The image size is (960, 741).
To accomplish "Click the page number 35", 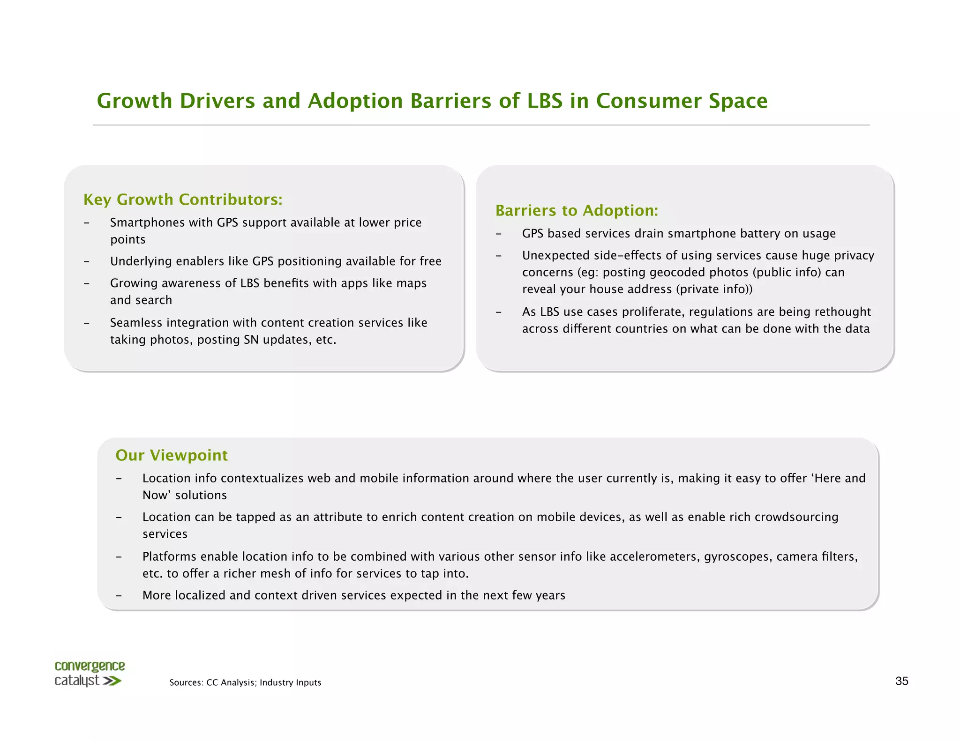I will (x=901, y=681).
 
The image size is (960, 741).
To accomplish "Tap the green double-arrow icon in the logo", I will (x=112, y=681).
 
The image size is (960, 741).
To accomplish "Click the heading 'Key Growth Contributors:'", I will (x=183, y=200).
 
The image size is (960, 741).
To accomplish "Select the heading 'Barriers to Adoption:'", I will (x=577, y=211).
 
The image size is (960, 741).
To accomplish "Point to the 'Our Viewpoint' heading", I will (x=172, y=455).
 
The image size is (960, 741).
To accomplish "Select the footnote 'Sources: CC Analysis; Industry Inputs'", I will (x=245, y=682).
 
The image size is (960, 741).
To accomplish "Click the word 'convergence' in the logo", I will (x=90, y=666).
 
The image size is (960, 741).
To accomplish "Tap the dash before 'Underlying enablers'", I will (x=87, y=262).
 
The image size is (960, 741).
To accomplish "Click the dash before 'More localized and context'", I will (x=119, y=596).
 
